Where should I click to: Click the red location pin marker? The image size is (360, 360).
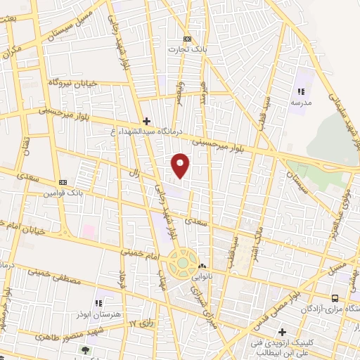[x=181, y=164]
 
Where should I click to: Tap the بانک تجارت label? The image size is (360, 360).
[x=186, y=49]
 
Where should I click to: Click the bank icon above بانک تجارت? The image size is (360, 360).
[x=186, y=39]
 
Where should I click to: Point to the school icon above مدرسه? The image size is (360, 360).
[x=301, y=91]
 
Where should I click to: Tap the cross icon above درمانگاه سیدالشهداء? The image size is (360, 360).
[x=146, y=121]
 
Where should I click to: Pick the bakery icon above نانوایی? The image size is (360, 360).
[x=202, y=266]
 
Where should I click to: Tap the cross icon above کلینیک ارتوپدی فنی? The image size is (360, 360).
[x=282, y=332]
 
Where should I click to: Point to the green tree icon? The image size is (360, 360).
[x=86, y=349]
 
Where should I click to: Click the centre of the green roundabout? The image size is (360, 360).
[x=182, y=262]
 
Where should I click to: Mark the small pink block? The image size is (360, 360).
[x=89, y=231]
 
